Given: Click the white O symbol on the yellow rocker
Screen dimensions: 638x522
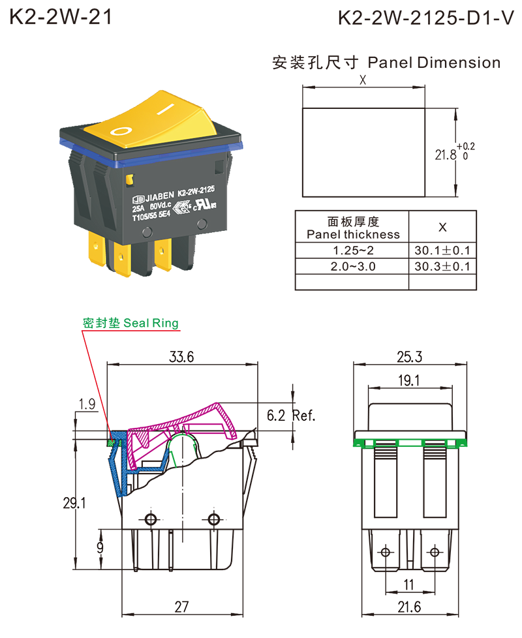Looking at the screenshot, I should click(121, 131).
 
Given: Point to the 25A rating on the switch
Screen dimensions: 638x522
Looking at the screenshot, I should click(138, 208).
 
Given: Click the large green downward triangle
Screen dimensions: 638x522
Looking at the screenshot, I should click(410, 449).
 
